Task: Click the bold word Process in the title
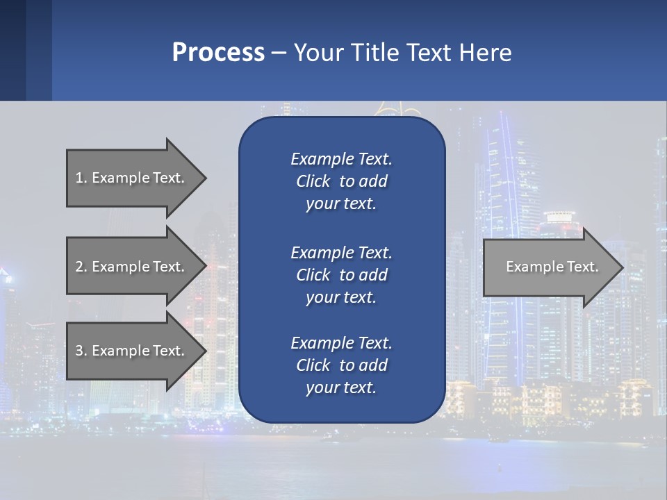pyautogui.click(x=218, y=53)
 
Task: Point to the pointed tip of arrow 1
pyautogui.click(x=204, y=178)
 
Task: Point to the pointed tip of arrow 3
pyautogui.click(x=204, y=351)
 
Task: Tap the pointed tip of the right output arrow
pyautogui.click(x=622, y=267)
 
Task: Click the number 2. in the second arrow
pyautogui.click(x=81, y=267)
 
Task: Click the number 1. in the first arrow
pyautogui.click(x=81, y=178)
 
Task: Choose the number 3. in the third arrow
pyautogui.click(x=81, y=351)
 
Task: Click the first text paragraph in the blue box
pyautogui.click(x=341, y=181)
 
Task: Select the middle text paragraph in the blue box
pyautogui.click(x=341, y=275)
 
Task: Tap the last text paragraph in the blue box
pyautogui.click(x=341, y=365)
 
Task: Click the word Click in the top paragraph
pyautogui.click(x=313, y=181)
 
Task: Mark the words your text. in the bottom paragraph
pyautogui.click(x=341, y=387)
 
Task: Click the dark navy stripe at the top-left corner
pyautogui.click(x=13, y=50)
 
